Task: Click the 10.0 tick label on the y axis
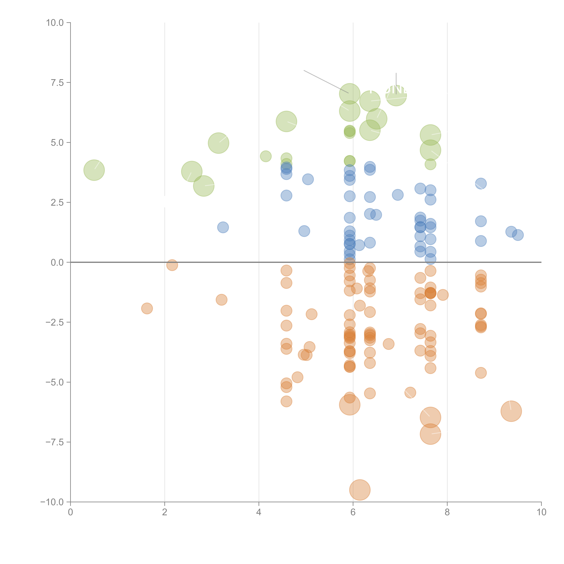(55, 23)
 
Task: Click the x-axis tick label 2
(165, 512)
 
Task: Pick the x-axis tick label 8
(447, 512)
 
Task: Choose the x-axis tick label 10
(541, 512)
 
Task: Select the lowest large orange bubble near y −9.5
(360, 490)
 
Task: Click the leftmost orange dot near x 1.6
(147, 308)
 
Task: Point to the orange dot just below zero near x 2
(172, 265)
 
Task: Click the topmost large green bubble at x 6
(350, 94)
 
